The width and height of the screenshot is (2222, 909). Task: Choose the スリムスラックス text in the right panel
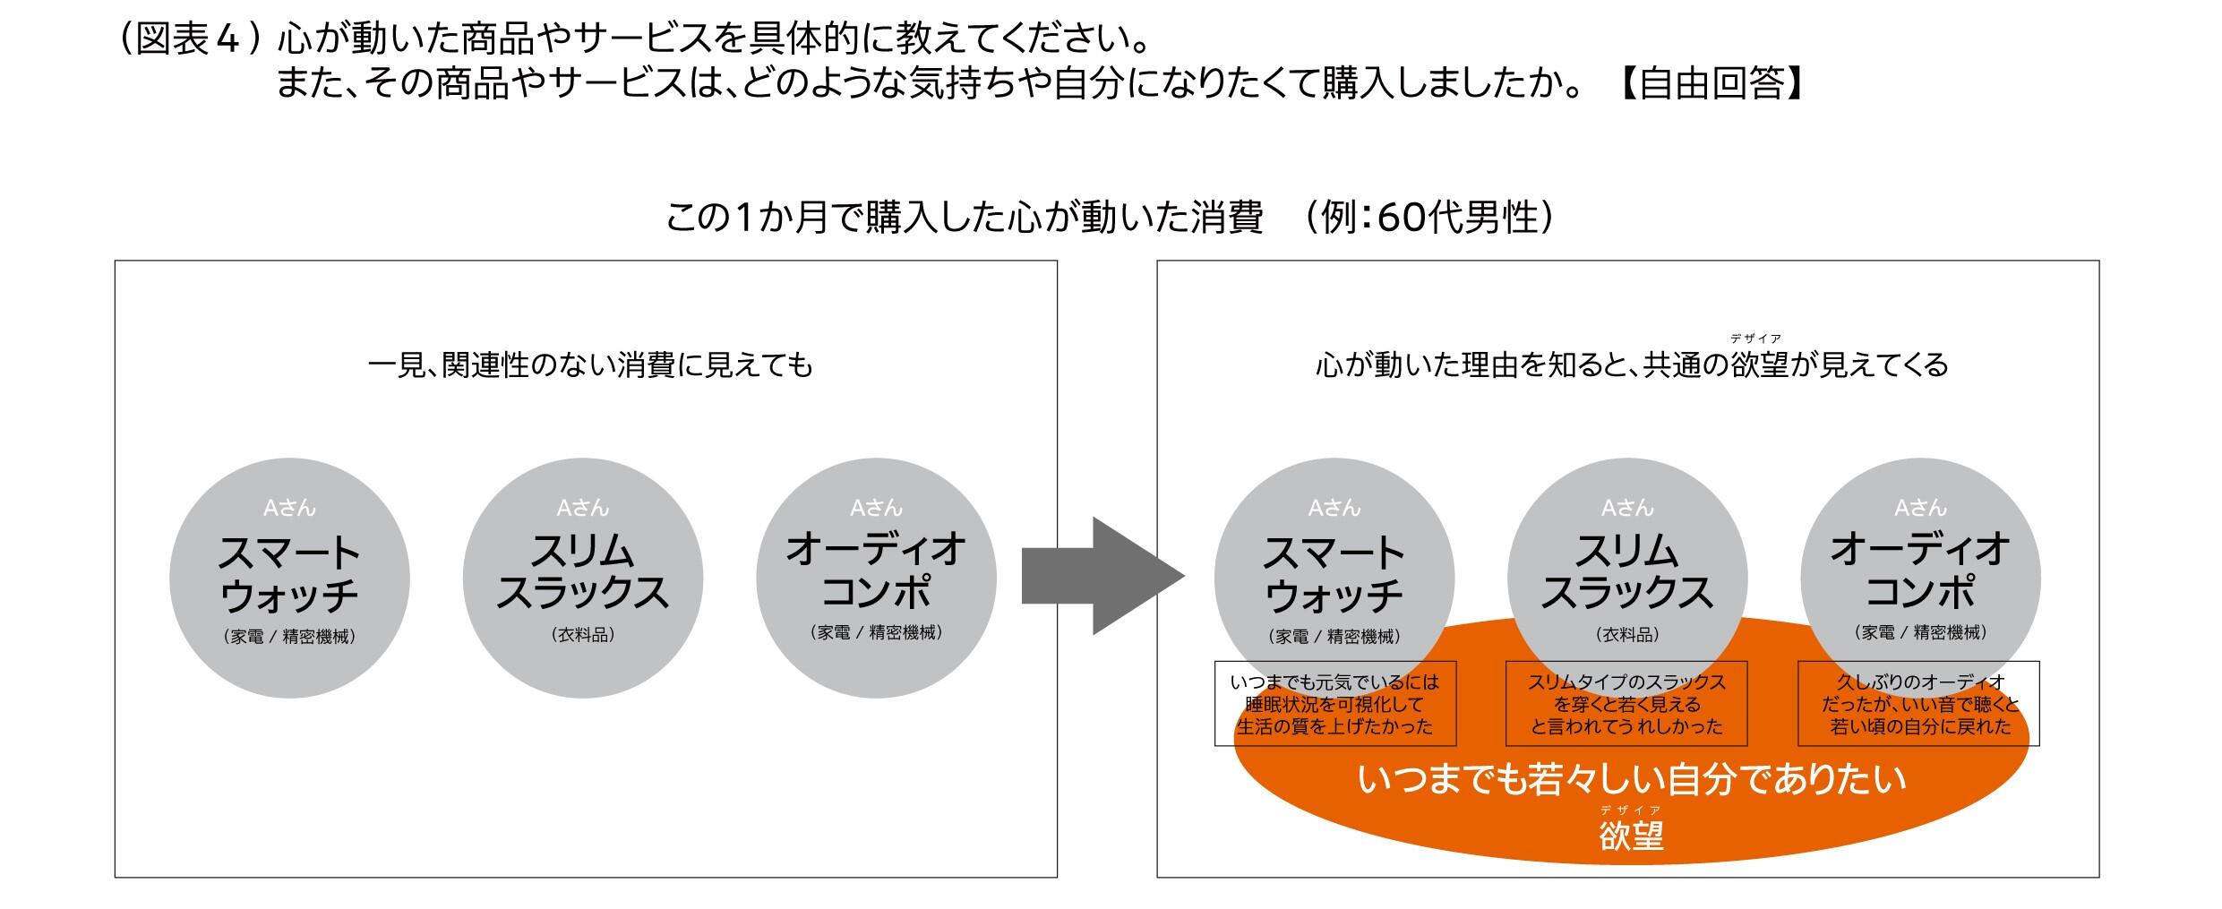pos(1626,573)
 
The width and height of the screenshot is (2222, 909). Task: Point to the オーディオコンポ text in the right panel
pos(1920,570)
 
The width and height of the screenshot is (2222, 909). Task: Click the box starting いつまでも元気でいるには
pos(1334,703)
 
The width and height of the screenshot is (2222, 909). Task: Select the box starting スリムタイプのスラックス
pos(1626,703)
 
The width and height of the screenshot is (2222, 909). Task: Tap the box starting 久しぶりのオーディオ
pos(1918,703)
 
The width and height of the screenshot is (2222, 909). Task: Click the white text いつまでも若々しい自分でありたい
pos(1632,780)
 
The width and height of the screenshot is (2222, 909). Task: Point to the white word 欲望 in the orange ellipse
pos(1631,836)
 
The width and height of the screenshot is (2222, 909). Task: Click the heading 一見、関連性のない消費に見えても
pos(590,365)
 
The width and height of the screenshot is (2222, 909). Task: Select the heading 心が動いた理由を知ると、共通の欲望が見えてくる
pos(1632,365)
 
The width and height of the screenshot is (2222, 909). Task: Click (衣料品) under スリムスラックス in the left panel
pos(583,635)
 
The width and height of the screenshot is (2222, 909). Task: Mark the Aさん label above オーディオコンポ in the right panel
pos(1920,508)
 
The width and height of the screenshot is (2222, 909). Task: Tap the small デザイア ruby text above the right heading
pos(1755,339)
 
